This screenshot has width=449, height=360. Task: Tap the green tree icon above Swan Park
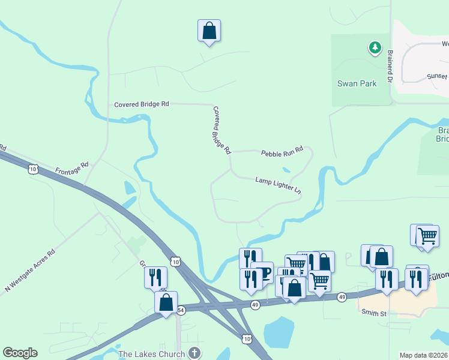coord(375,46)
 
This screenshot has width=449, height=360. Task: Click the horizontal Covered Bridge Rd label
coord(142,104)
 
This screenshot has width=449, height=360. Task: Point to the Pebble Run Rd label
coord(282,153)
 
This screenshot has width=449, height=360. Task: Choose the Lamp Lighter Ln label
coord(278,184)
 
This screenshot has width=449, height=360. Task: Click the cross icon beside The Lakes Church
coord(194,353)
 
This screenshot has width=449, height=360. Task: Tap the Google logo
coord(20,353)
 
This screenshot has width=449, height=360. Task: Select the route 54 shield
coord(181,310)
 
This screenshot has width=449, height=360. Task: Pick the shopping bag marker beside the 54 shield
coord(166,302)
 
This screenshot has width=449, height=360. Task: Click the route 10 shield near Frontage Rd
coord(34,170)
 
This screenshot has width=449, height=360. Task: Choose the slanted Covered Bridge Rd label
coord(222,130)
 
